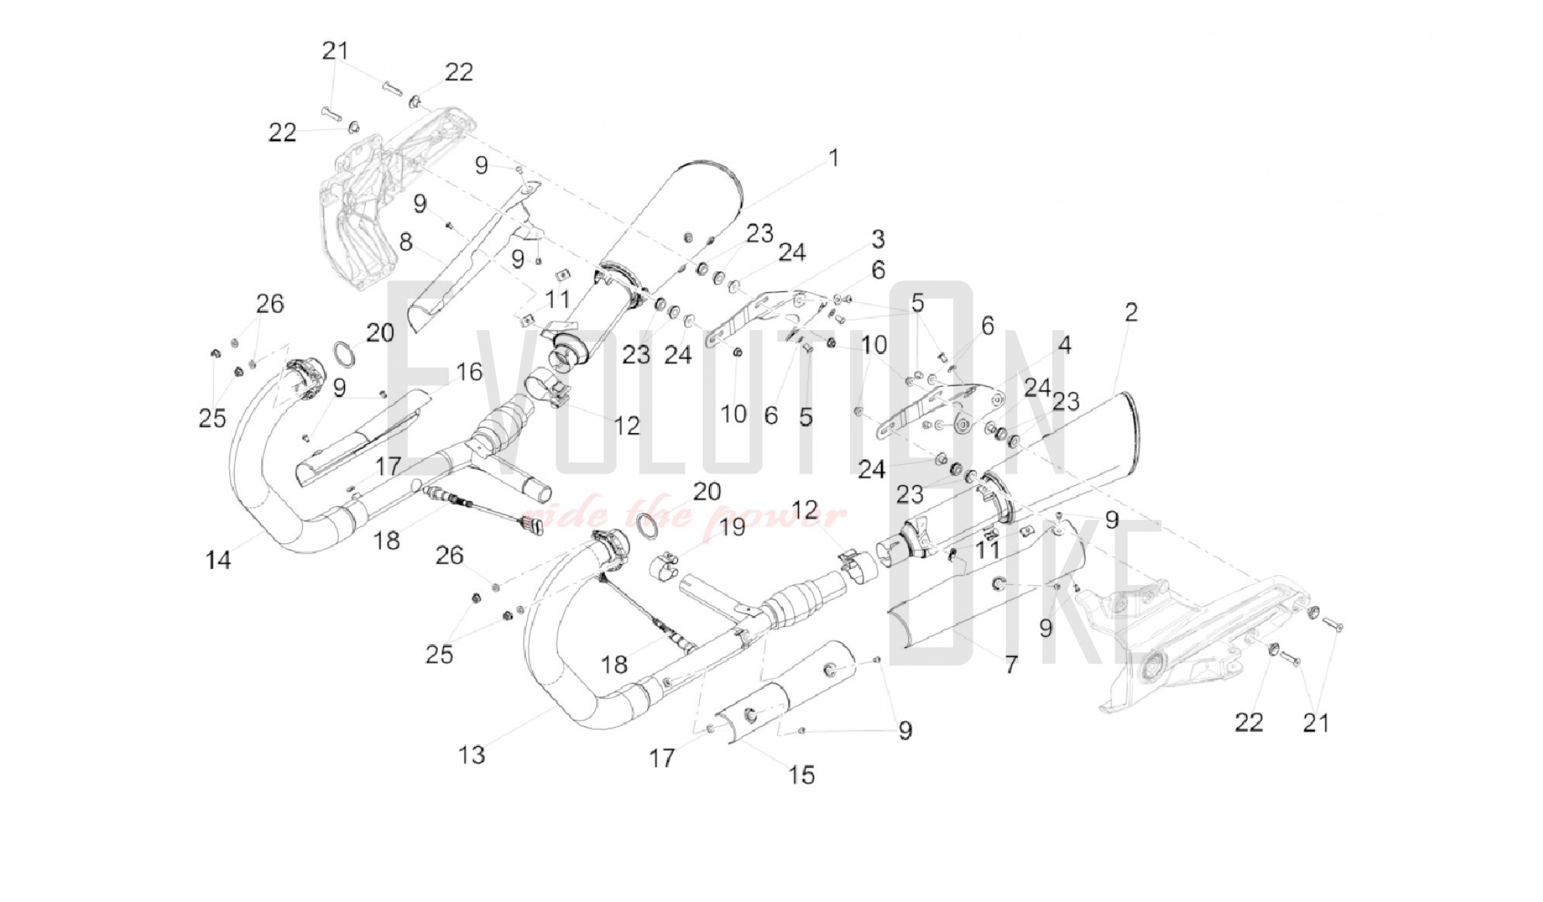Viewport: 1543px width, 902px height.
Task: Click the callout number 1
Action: (833, 158)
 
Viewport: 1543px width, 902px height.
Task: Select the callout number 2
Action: (1131, 312)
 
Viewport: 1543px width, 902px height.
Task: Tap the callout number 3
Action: (877, 239)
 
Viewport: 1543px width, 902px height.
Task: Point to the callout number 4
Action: (1065, 345)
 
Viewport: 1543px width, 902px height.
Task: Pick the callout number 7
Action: (1011, 664)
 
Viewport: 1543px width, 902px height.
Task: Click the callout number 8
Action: (405, 242)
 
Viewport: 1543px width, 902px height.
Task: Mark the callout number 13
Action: (471, 754)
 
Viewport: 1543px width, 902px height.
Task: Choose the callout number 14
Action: (218, 559)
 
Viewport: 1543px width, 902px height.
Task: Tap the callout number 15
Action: (801, 774)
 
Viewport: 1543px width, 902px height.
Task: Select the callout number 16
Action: (469, 372)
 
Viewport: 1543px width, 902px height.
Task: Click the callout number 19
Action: (732, 527)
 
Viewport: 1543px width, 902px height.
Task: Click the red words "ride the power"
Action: (682, 515)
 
